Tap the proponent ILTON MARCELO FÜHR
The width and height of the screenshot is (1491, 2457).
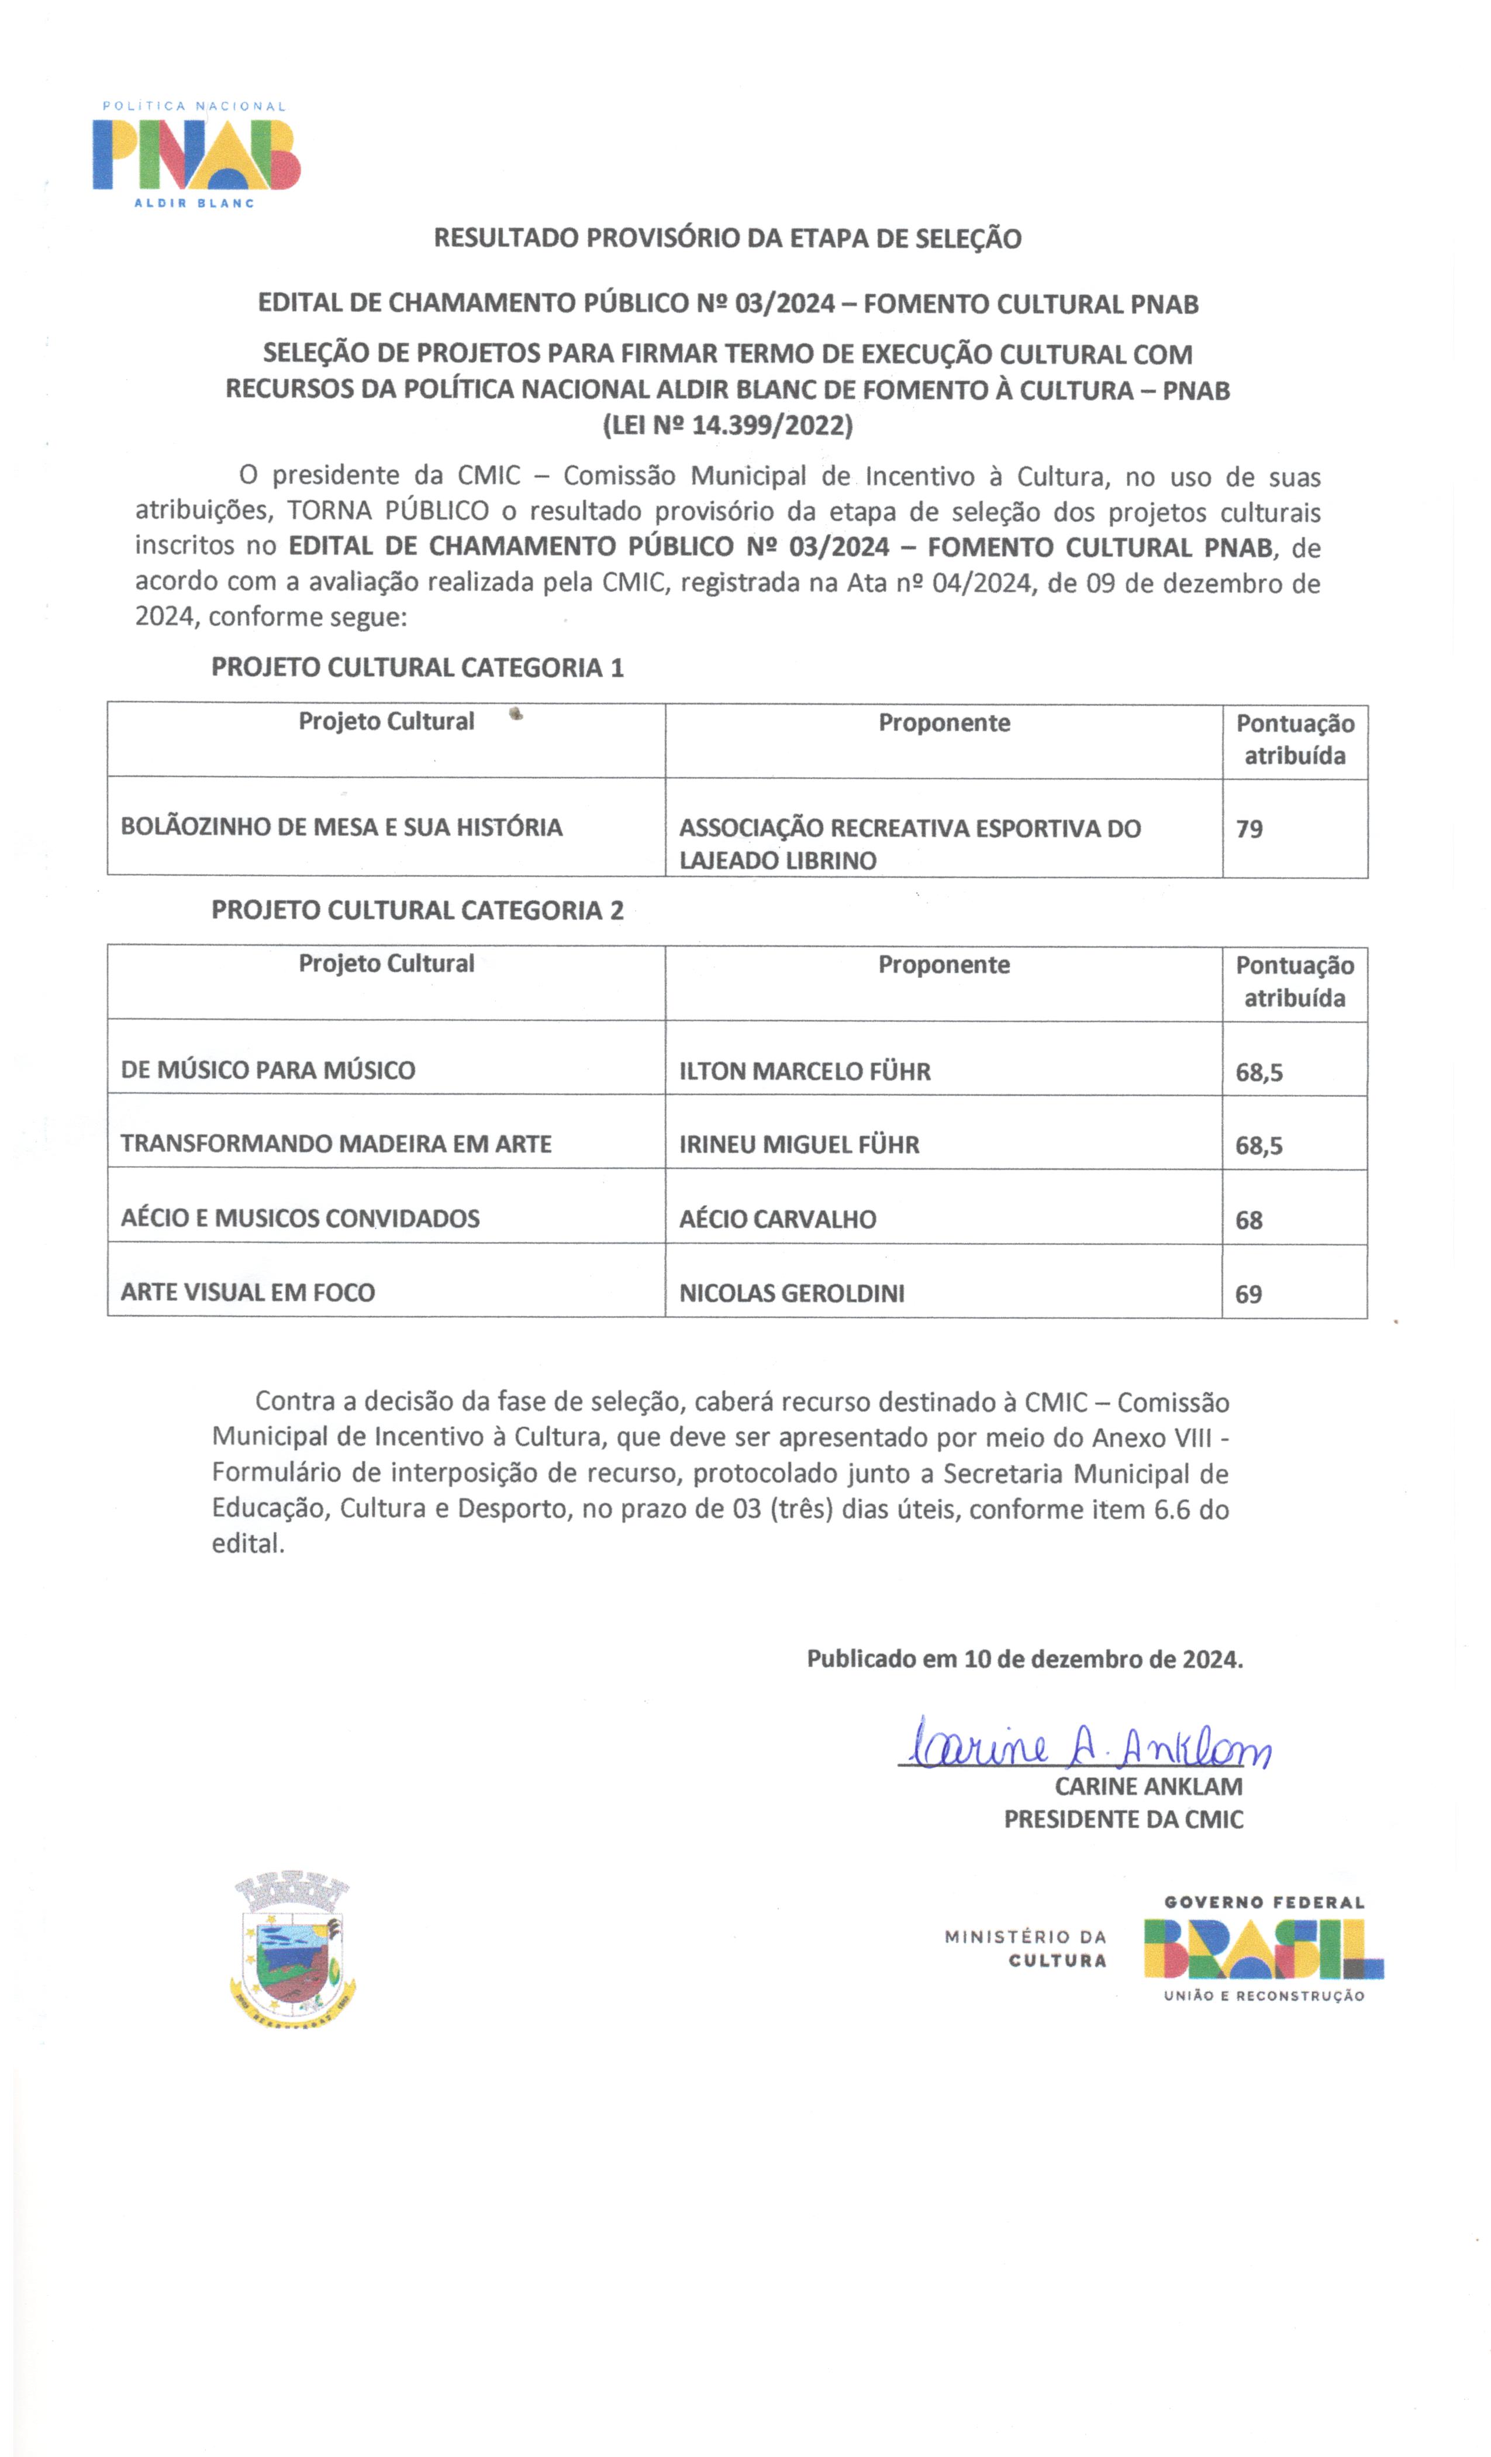(805, 1071)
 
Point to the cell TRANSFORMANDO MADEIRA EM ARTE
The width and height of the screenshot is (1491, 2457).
(336, 1144)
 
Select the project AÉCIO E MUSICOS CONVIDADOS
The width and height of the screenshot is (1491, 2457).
(300, 1217)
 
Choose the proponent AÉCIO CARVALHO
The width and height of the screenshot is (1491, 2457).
(778, 1219)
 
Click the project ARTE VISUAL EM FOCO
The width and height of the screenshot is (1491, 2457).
(247, 1292)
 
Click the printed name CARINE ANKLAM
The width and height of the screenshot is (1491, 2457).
(1148, 1786)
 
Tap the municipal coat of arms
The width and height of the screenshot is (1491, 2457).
(292, 1947)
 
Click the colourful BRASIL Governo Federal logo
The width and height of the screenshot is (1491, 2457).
(1263, 1949)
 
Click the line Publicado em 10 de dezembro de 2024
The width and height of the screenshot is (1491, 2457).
(1024, 1659)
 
